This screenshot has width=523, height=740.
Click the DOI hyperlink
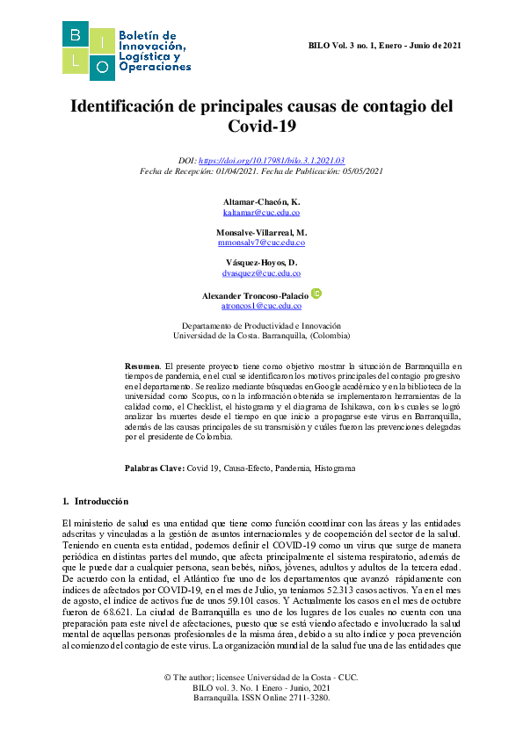point(272,162)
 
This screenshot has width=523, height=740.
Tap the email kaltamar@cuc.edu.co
point(261,214)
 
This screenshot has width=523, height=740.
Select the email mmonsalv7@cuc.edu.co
point(261,243)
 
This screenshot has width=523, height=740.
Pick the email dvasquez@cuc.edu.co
point(261,273)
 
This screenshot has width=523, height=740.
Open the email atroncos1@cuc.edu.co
point(261,305)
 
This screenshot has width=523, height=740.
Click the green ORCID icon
point(316,294)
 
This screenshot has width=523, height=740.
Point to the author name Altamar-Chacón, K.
point(261,202)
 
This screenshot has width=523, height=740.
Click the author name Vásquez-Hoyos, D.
point(261,263)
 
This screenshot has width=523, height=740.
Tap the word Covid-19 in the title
point(261,127)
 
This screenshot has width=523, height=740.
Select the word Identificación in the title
point(128,106)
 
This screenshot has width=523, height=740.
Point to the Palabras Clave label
point(154,468)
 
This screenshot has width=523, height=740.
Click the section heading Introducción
point(102,501)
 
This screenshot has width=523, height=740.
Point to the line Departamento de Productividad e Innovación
point(261,325)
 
